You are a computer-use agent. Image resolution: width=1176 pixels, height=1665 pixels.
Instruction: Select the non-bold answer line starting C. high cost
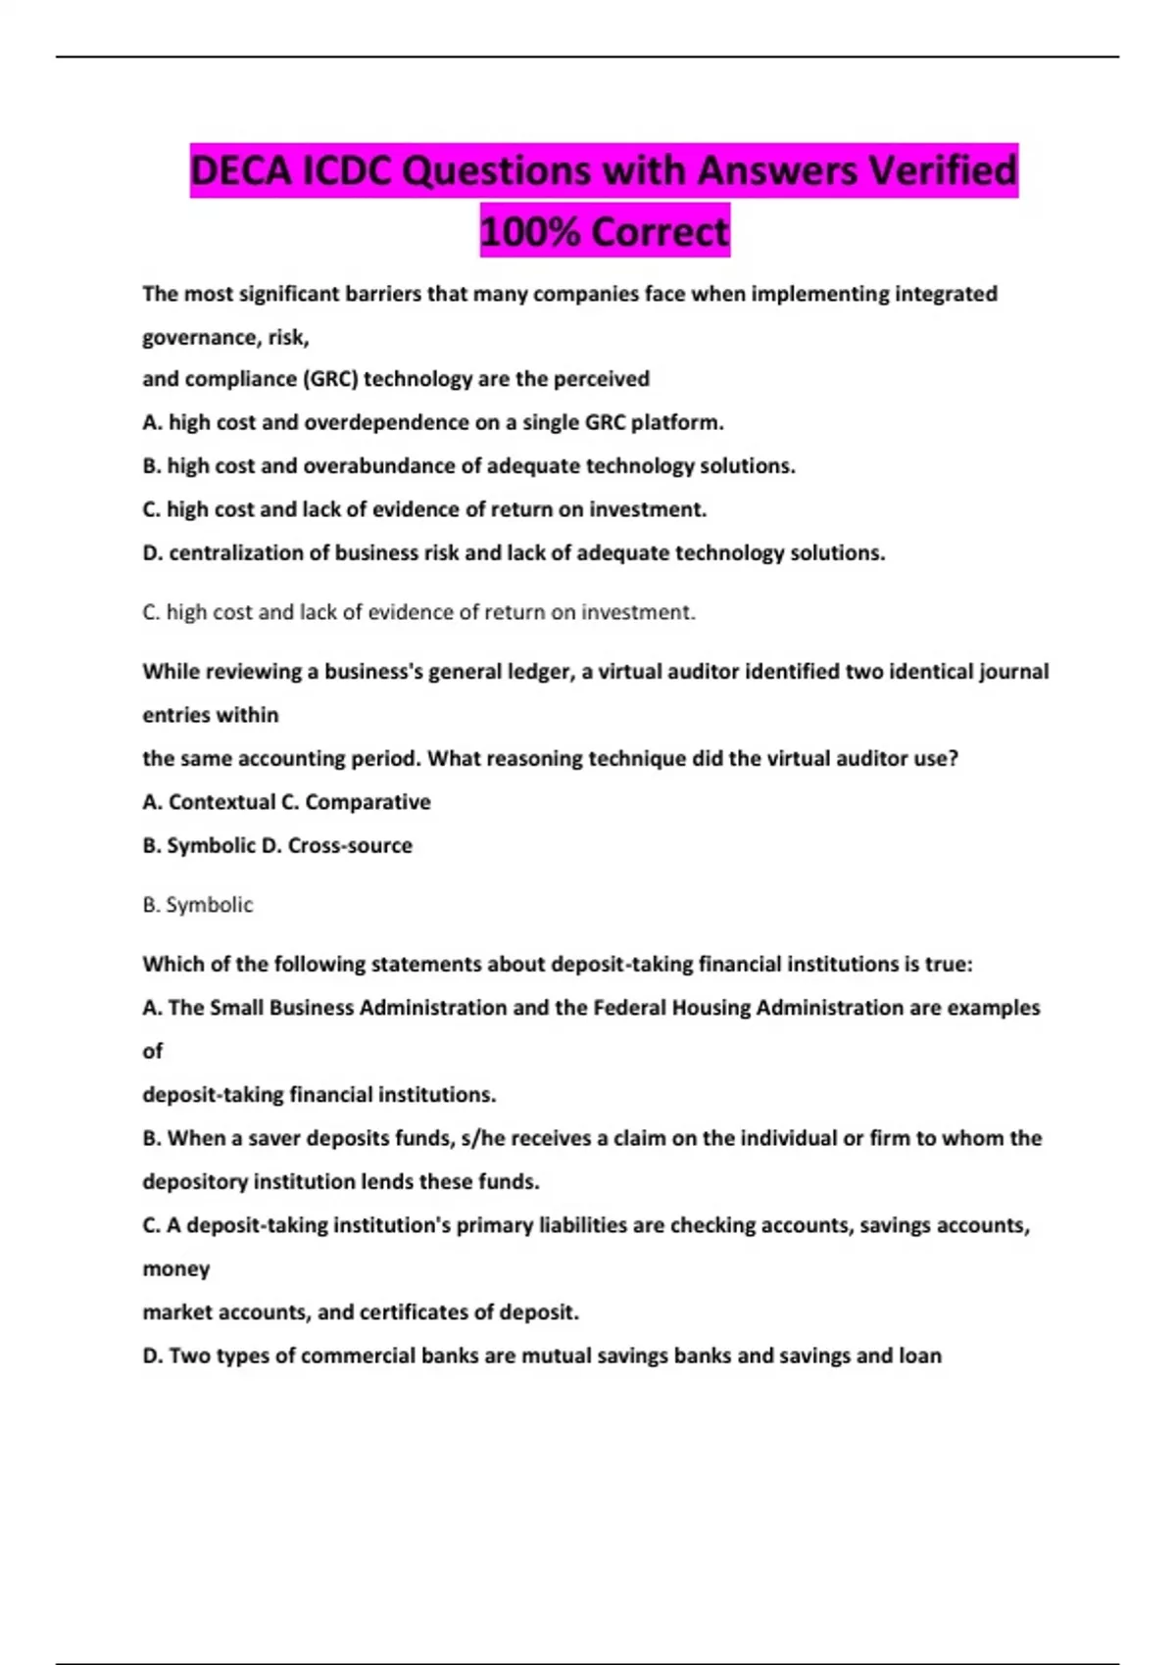point(418,612)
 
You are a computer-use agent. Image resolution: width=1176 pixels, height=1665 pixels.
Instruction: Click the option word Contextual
point(221,802)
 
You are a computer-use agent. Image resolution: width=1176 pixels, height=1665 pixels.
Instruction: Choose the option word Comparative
point(367,802)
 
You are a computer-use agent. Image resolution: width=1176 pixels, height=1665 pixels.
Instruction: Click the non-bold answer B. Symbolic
point(198,905)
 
